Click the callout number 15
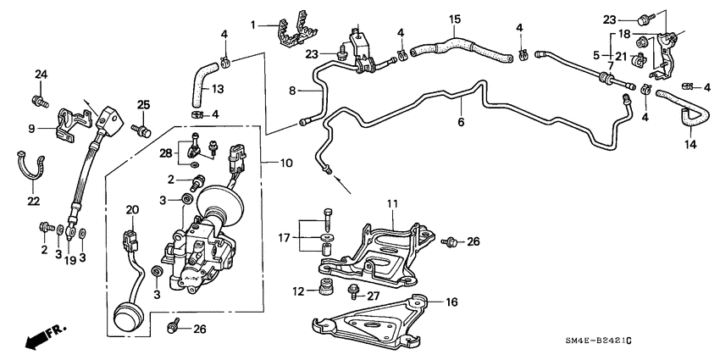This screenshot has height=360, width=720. tap(455, 19)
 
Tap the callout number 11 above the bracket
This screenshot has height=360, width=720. tap(392, 204)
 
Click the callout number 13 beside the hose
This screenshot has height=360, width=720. tap(217, 89)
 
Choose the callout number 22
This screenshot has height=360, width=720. tap(33, 200)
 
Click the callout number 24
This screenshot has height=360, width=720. tap(39, 75)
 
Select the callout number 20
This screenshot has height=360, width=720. tap(131, 210)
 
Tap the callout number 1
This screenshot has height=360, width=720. tap(252, 25)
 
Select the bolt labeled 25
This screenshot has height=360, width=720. tap(143, 131)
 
